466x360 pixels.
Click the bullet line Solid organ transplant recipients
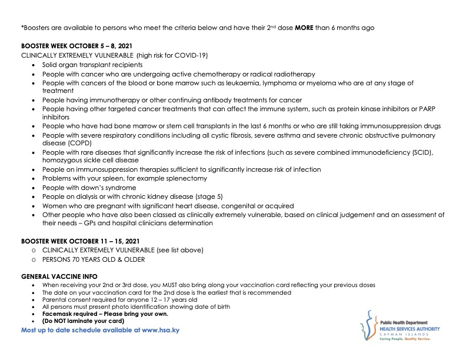(x=92, y=65)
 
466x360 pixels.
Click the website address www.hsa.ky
(x=157, y=331)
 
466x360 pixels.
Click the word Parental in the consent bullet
(x=52, y=299)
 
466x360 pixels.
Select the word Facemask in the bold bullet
(x=55, y=314)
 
